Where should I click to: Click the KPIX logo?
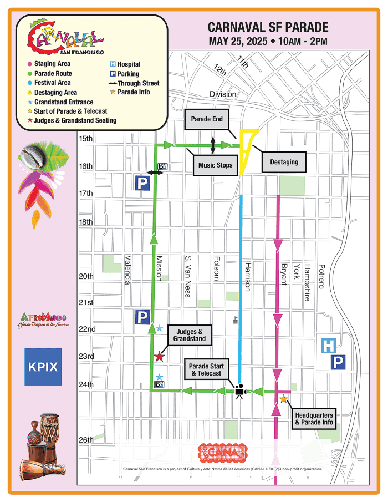coord(43,367)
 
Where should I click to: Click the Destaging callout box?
coord(284,162)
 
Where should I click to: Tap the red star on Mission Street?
coord(159,356)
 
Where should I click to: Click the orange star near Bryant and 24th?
coord(284,399)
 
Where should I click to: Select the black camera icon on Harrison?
coord(240,391)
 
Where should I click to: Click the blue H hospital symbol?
coord(328,347)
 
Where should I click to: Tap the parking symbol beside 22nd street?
coord(142,318)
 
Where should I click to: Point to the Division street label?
coord(222,94)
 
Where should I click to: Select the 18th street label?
coord(86,222)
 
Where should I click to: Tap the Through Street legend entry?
coord(135,83)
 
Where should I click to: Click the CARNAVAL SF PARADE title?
coord(268,28)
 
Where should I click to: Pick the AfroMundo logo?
coord(43,320)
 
